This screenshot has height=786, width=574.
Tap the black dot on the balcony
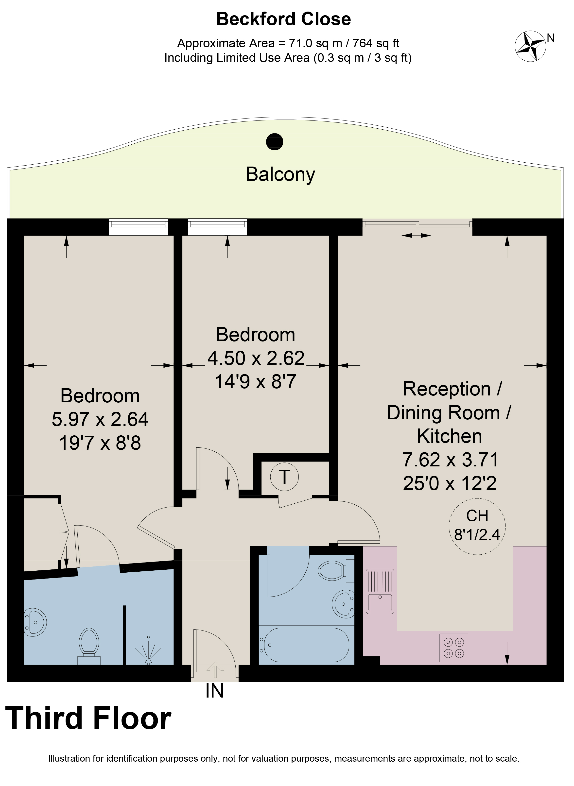pyautogui.click(x=275, y=142)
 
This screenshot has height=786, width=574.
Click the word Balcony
pyautogui.click(x=280, y=174)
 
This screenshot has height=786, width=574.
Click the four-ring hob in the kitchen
pyautogui.click(x=454, y=648)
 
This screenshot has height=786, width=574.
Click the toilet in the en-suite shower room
pyautogui.click(x=89, y=646)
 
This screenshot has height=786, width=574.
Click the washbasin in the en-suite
pyautogui.click(x=35, y=622)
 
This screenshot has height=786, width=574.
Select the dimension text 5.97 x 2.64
pyautogui.click(x=100, y=419)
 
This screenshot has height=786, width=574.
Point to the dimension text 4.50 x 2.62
pyautogui.click(x=256, y=358)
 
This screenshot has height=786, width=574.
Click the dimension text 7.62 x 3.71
pyautogui.click(x=450, y=460)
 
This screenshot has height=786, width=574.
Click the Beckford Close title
pyautogui.click(x=283, y=19)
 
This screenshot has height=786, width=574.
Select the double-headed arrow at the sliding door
pyautogui.click(x=416, y=236)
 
